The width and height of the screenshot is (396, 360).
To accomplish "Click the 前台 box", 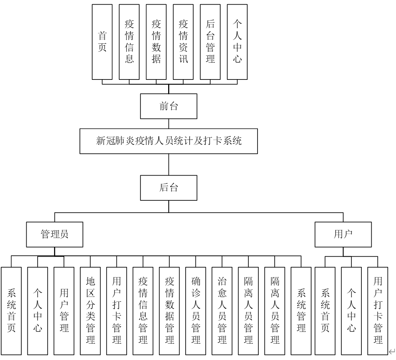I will [169, 107].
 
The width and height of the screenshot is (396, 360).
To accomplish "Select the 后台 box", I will [169, 187].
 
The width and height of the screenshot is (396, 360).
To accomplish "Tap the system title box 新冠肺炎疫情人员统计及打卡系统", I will [169, 141].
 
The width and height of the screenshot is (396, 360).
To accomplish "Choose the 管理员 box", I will [54, 235].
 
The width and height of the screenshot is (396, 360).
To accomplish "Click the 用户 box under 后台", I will [343, 235].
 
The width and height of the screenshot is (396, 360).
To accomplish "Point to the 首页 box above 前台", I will [102, 42].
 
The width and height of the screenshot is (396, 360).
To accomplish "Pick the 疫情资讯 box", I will [183, 42].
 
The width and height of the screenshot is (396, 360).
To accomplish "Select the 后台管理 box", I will [210, 42].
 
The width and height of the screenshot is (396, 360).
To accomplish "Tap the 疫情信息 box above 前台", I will [129, 42].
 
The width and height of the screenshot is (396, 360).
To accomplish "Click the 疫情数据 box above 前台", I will [156, 42].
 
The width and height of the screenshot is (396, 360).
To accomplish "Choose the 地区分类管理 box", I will [90, 311].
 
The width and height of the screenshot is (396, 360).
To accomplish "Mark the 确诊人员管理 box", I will [196, 311].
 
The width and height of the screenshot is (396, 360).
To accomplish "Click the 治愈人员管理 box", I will [222, 311].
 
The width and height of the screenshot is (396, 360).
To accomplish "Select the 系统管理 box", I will [301, 311].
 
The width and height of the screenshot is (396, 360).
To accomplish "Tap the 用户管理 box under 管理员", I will [64, 311].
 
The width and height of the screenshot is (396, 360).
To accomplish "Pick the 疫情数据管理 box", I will [169, 311].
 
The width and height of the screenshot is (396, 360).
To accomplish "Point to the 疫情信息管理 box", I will [143, 311].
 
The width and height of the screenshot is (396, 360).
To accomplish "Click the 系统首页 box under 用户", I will [325, 311].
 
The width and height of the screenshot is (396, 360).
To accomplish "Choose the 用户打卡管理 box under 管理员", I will [116, 311].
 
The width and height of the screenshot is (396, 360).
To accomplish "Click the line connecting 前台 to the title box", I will [169, 124].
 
